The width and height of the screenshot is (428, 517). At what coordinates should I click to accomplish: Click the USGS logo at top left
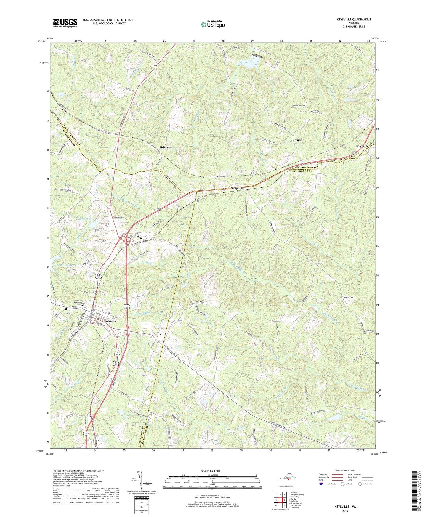65,23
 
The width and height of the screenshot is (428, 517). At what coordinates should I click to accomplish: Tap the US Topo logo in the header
212,24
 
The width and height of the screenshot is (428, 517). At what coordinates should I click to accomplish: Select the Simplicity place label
238,188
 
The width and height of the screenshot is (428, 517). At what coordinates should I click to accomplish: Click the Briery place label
164,147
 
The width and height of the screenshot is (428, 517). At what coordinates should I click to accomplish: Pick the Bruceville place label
362,146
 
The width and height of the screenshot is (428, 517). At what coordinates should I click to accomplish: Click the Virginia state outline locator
286,479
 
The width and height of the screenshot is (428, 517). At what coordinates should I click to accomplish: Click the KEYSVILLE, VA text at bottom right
345,507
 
